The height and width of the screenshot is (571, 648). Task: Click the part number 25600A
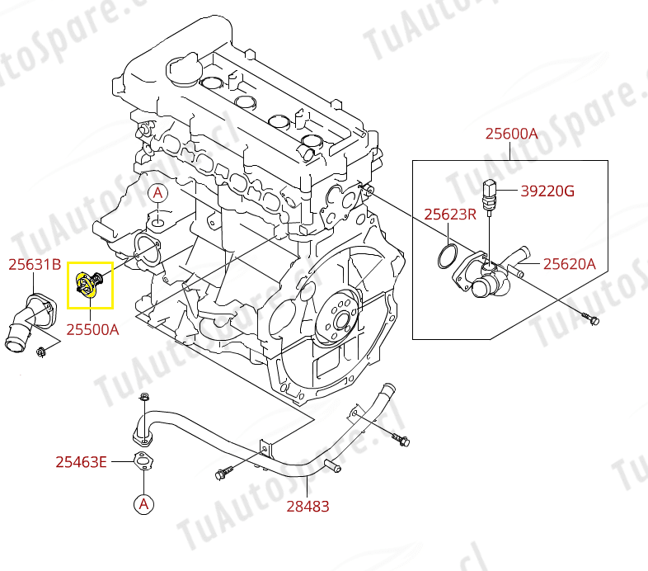point(511,133)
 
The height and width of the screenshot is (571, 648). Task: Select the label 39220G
point(547,191)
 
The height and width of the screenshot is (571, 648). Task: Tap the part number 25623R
point(450,215)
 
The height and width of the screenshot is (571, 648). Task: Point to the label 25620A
point(568,265)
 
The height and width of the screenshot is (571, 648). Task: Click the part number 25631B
point(35,265)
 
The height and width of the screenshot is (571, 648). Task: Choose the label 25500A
point(92,329)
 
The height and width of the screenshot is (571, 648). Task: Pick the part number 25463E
point(81,462)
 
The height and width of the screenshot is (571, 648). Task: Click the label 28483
point(308,506)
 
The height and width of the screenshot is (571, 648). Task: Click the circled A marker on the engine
point(157,193)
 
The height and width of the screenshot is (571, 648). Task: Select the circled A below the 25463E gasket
point(144,503)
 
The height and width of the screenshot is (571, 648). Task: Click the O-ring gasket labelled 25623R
point(446,256)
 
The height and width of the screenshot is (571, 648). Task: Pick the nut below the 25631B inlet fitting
point(41,354)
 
